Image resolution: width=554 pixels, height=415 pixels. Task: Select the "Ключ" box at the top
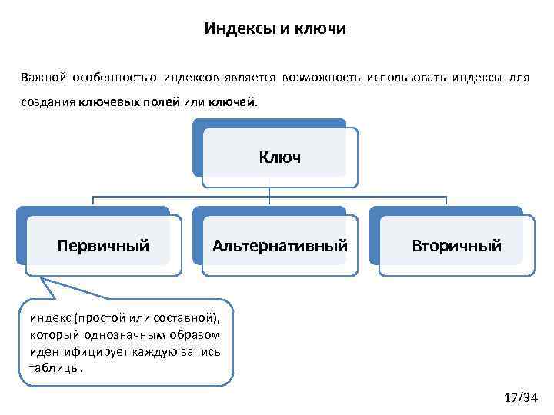point(280,158)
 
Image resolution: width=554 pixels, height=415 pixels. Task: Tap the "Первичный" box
point(103,246)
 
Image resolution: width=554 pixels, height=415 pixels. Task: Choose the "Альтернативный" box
point(280,246)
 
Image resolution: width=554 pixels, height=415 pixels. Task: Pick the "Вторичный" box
point(456,246)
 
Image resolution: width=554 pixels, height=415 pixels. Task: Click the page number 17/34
point(520,397)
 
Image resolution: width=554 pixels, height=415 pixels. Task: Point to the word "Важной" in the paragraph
point(45,78)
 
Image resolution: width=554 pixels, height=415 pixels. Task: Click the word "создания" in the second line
point(47,102)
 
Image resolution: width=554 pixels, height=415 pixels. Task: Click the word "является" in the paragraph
point(253,78)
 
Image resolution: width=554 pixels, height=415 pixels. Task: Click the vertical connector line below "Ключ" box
point(269,191)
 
